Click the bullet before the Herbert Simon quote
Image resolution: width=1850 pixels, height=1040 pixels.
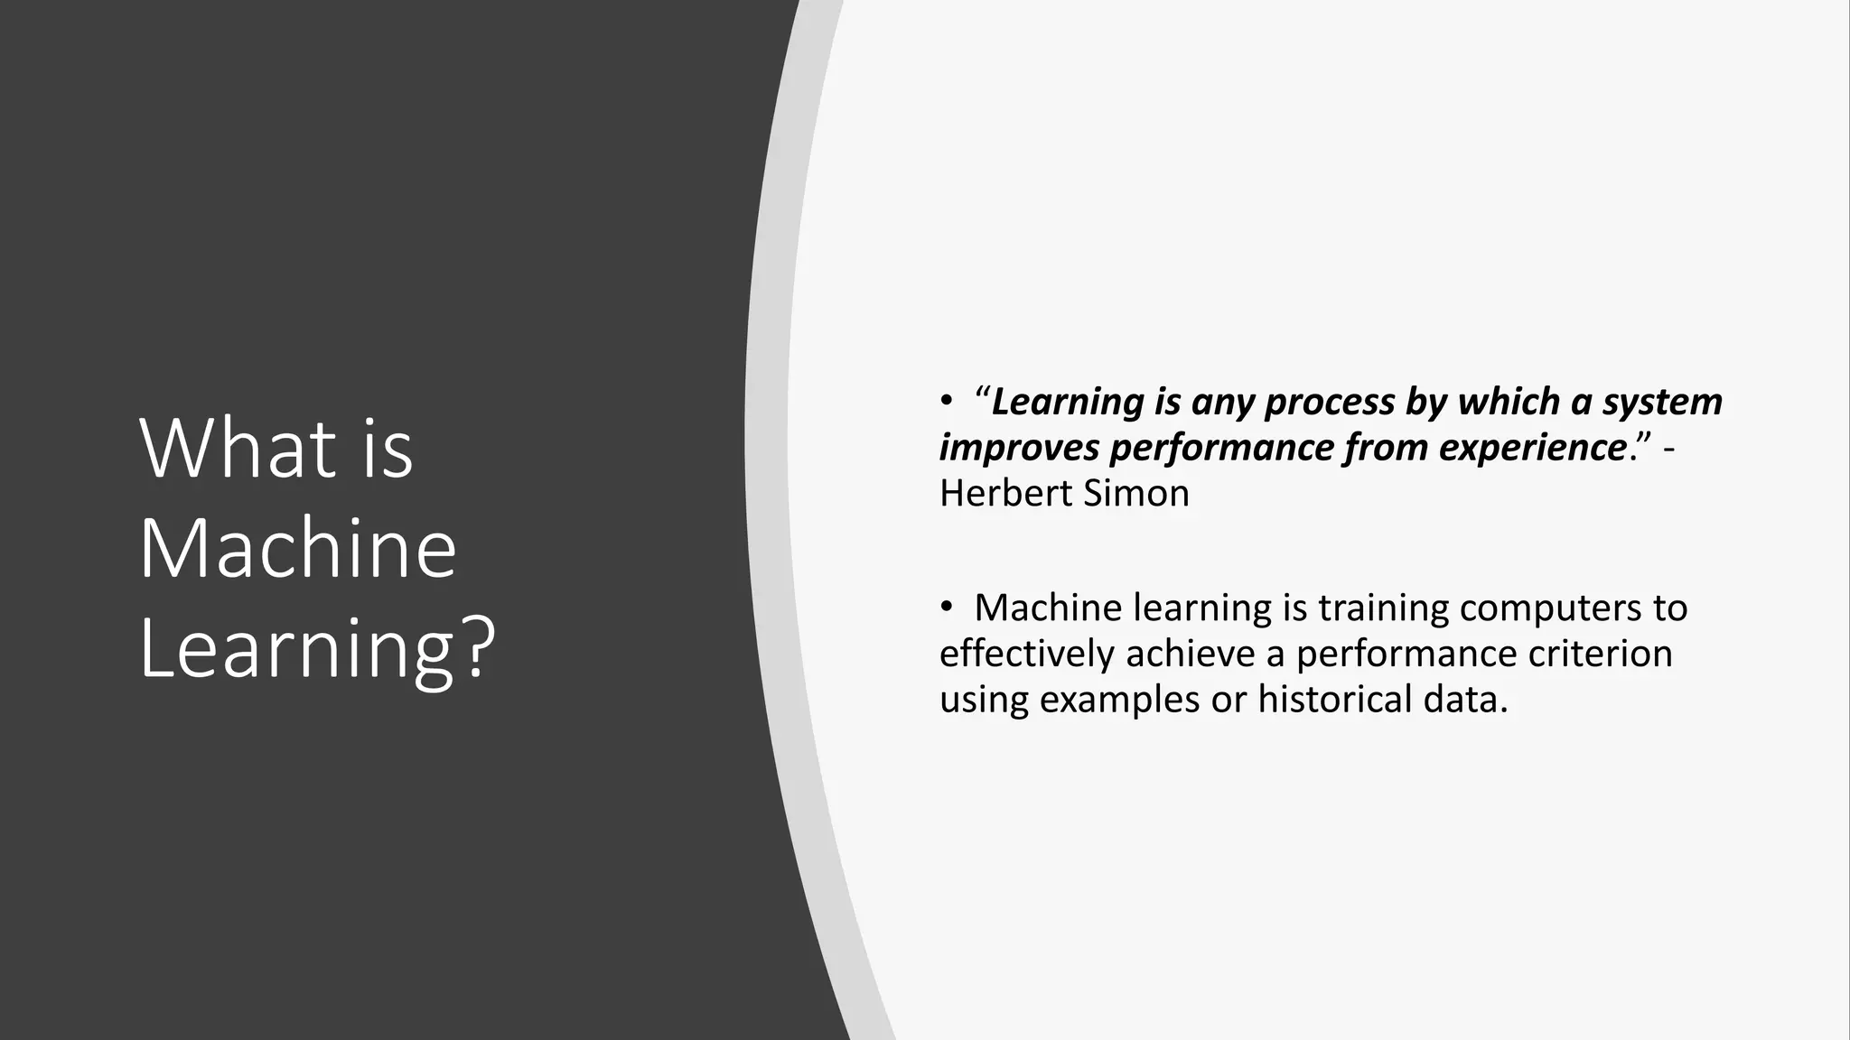(946, 402)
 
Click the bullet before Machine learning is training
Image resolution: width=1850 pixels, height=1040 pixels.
(946, 608)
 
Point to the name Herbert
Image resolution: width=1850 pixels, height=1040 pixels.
(998, 494)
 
